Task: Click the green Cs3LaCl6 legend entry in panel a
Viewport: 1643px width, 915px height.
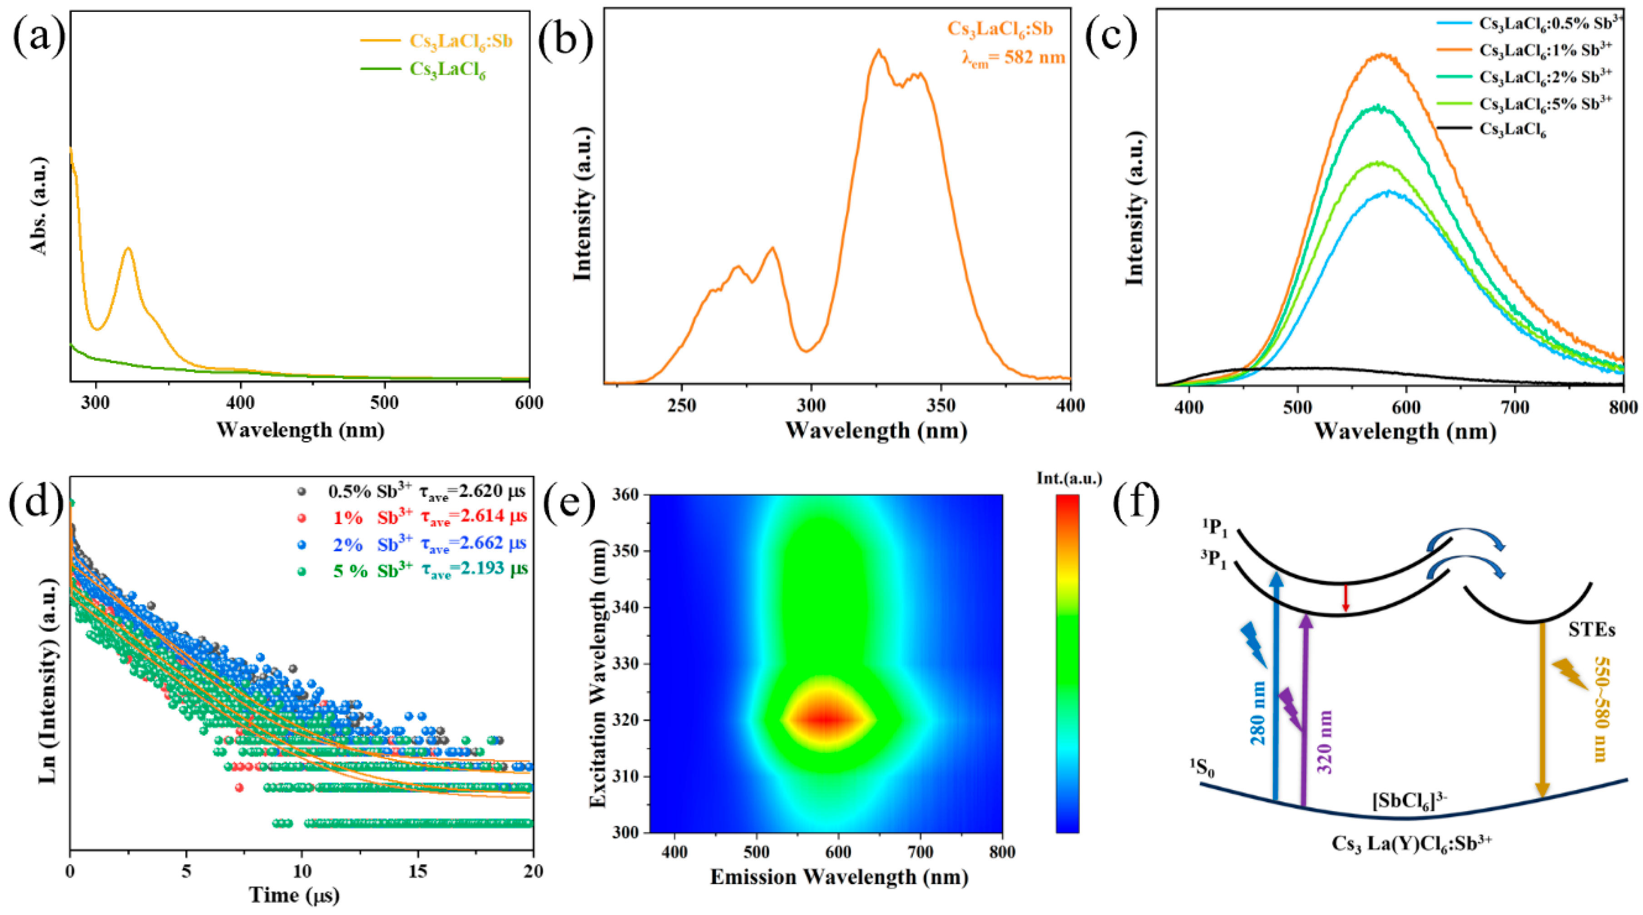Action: pyautogui.click(x=447, y=69)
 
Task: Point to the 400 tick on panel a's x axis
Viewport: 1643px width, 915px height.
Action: pyautogui.click(x=240, y=403)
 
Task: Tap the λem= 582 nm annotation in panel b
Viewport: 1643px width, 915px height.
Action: pyautogui.click(x=1014, y=57)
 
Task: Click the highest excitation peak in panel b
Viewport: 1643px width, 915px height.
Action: pyautogui.click(x=879, y=50)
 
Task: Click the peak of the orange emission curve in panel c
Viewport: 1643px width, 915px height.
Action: pyautogui.click(x=1383, y=55)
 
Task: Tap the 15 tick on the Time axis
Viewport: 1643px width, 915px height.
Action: pyautogui.click(x=418, y=871)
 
